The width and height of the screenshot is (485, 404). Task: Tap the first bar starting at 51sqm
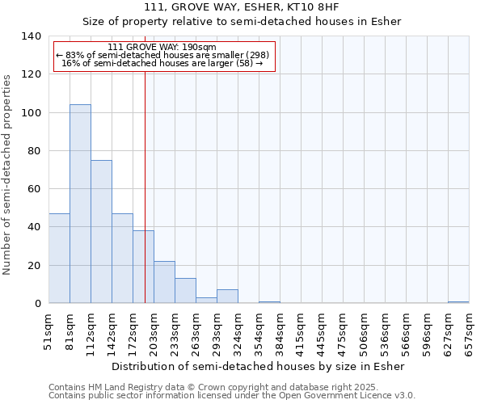pos(59,259)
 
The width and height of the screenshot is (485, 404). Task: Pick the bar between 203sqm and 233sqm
pos(164,283)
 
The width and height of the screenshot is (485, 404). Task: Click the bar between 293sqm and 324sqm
pos(227,297)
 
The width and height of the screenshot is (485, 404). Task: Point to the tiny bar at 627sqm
pos(458,302)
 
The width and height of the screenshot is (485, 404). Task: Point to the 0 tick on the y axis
pos(37,304)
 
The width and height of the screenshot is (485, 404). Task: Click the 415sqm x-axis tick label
pos(301,333)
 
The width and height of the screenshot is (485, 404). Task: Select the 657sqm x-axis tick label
pos(469,333)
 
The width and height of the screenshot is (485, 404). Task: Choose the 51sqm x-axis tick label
pos(48,333)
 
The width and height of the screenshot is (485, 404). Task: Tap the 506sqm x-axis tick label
pos(364,333)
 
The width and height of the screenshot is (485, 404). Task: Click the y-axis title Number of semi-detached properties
pos(8,175)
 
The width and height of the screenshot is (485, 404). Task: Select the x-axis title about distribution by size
pos(259,366)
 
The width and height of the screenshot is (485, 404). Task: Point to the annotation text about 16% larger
pos(162,63)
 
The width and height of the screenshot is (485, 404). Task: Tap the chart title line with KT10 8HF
pos(242,6)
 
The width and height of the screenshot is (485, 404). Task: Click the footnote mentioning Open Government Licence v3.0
pos(232,396)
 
